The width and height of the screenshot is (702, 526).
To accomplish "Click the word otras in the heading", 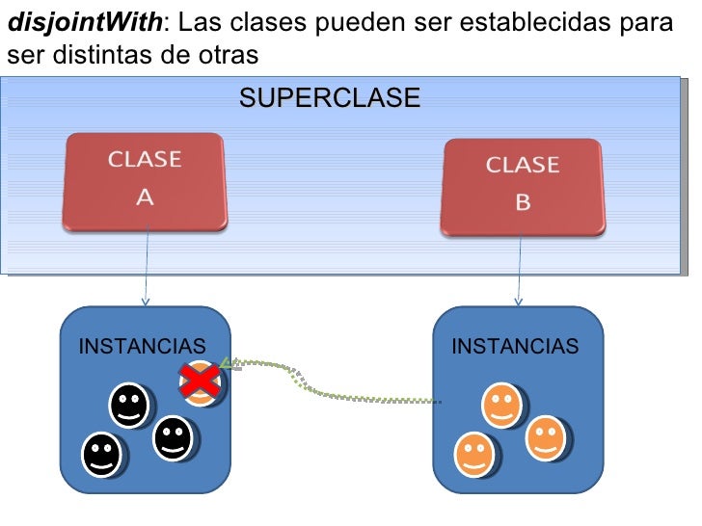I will click(x=228, y=55).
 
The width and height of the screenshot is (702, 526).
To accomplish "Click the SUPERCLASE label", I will click(x=329, y=98).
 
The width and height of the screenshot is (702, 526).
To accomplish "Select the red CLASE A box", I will click(x=145, y=181).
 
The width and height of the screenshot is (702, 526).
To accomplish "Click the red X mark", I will click(x=200, y=382).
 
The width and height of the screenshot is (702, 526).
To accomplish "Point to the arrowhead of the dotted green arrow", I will click(x=227, y=364).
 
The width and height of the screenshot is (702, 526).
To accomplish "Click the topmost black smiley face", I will click(x=128, y=406).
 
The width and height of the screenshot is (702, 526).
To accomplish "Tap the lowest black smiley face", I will click(x=101, y=454).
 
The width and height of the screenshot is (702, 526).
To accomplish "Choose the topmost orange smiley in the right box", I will click(x=501, y=406).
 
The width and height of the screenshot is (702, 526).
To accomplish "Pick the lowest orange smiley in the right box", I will click(x=474, y=454).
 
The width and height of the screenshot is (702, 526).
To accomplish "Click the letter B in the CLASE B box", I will click(x=523, y=202).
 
